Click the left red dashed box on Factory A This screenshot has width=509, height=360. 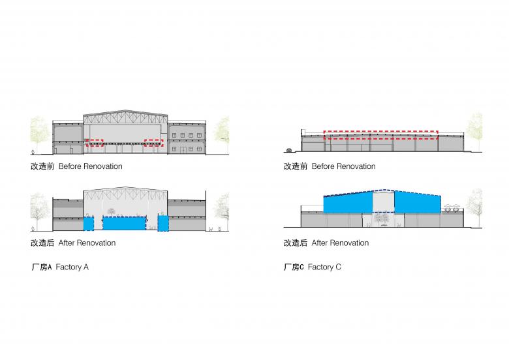[x=96, y=143]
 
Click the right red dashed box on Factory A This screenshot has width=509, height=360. [x=153, y=143]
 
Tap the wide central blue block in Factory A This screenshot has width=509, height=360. [x=124, y=224]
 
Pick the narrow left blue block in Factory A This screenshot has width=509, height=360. [x=89, y=223]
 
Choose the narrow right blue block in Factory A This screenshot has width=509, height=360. [x=163, y=223]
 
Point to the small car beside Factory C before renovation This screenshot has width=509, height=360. [x=288, y=150]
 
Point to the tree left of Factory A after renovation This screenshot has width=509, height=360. [x=40, y=210]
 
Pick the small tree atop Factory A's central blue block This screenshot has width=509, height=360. [x=112, y=211]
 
